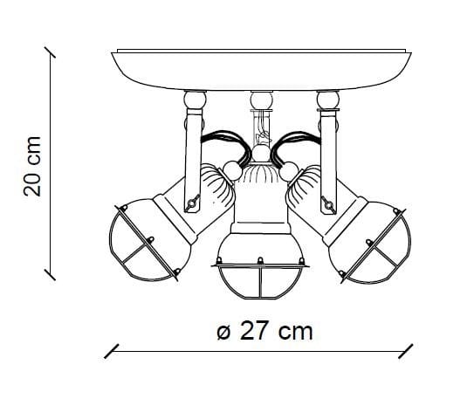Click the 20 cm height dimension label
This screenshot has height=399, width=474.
click(x=32, y=166)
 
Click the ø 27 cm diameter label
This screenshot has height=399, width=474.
click(x=264, y=331)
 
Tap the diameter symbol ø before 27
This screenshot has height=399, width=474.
click(x=224, y=332)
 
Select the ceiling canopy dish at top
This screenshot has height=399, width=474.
click(x=262, y=70)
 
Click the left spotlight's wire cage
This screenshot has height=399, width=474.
click(x=141, y=242)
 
